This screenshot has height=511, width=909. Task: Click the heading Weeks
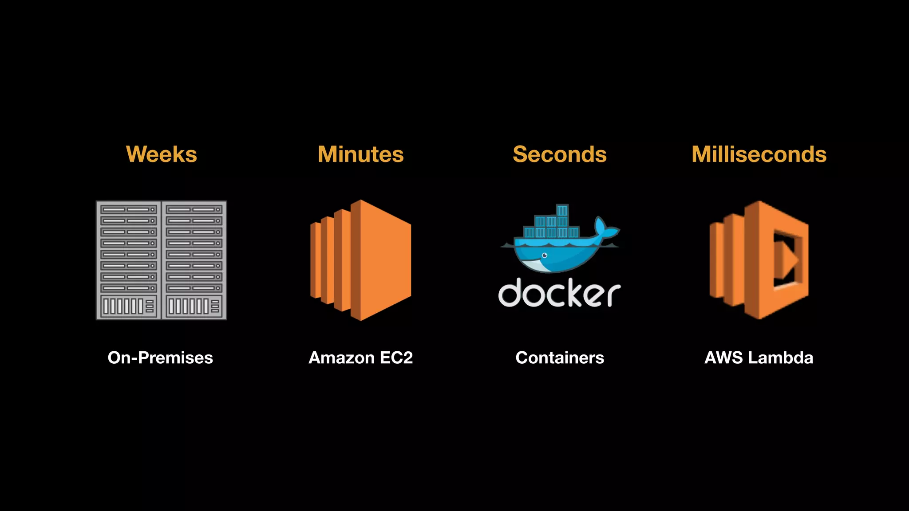click(162, 154)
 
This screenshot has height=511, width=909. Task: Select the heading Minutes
click(360, 154)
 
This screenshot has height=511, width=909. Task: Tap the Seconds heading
click(559, 154)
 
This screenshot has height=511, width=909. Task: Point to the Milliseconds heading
click(759, 154)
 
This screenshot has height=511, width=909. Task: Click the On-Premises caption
click(160, 358)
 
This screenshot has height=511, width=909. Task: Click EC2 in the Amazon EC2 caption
click(396, 358)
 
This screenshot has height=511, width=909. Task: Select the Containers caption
click(560, 358)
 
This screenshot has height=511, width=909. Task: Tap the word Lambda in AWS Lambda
click(780, 358)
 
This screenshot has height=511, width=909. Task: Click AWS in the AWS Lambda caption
click(723, 358)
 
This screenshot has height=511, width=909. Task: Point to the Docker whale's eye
click(545, 255)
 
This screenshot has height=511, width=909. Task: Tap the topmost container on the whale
click(562, 210)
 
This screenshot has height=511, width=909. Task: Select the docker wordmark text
click(559, 293)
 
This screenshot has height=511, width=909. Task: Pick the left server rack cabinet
click(129, 260)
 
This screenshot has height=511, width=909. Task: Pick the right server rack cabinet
click(194, 260)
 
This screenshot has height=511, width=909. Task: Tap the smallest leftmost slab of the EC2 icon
click(315, 260)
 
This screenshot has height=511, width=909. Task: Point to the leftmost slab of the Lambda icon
click(716, 260)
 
